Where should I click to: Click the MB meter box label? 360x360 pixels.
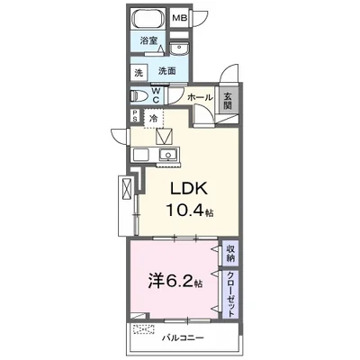tap(180, 18)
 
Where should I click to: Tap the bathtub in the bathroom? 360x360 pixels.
tap(148, 19)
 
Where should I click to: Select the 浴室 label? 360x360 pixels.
tap(148, 40)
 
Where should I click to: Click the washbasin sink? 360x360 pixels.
tap(179, 48)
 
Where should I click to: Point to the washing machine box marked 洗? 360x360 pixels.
tap(139, 73)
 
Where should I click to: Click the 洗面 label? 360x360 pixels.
tap(167, 71)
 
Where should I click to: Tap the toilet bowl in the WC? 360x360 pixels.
tap(139, 96)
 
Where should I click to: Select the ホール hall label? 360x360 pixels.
tap(201, 97)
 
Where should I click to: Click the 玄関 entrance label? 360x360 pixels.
tap(228, 101)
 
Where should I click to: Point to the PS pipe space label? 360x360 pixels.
tap(135, 116)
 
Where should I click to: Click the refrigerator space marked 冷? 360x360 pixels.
tap(153, 119)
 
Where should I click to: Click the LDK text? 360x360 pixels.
tap(189, 189)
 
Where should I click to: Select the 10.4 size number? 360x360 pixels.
tap(185, 211)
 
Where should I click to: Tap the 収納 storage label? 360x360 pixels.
tap(230, 254)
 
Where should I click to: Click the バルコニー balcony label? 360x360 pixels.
tap(183, 338)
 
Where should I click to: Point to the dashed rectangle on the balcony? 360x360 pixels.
tap(143, 330)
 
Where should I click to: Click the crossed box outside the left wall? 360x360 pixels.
tap(126, 188)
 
